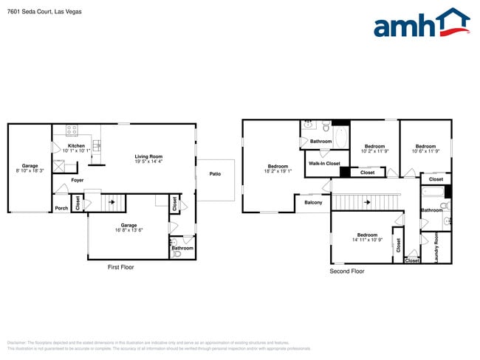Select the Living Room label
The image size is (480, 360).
click(148, 156)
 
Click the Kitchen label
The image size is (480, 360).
click(76, 146)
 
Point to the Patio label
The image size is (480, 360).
click(215, 174)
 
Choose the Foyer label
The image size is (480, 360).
click(78, 180)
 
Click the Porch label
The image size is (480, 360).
click(61, 208)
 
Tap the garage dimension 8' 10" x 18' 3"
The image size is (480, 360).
click(30, 170)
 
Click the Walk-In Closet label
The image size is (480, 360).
click(324, 163)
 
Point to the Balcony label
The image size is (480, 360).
click(313, 202)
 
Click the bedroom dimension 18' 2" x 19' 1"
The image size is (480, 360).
click(278, 171)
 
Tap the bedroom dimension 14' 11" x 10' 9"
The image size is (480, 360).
click(367, 240)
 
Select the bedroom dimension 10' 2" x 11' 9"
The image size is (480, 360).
click(375, 151)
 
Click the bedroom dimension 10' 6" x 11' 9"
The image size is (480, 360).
click(425, 151)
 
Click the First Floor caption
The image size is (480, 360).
click(121, 266)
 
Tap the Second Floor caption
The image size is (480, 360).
click(347, 271)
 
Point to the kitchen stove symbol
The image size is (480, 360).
click(72, 131)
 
